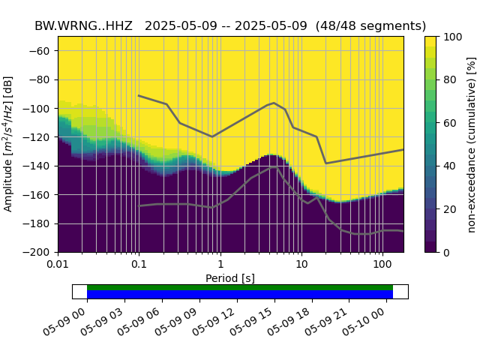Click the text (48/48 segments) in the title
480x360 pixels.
pyautogui.click(x=370, y=25)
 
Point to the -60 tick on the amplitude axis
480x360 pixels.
pyautogui.click(x=41, y=50)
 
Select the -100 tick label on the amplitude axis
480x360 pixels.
pyautogui.click(x=39, y=108)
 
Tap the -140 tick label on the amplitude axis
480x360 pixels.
pyautogui.click(x=39, y=166)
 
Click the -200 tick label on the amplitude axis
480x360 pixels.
pyautogui.click(x=39, y=252)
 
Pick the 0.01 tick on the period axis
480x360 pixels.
pyautogui.click(x=58, y=266)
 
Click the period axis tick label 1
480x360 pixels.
pyautogui.click(x=220, y=266)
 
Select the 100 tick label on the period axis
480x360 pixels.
pyautogui.click(x=382, y=266)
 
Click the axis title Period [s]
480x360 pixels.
pyautogui.click(x=230, y=278)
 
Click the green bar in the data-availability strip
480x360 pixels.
pyautogui.click(x=240, y=287)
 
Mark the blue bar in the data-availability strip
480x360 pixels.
pyautogui.click(x=240, y=295)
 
